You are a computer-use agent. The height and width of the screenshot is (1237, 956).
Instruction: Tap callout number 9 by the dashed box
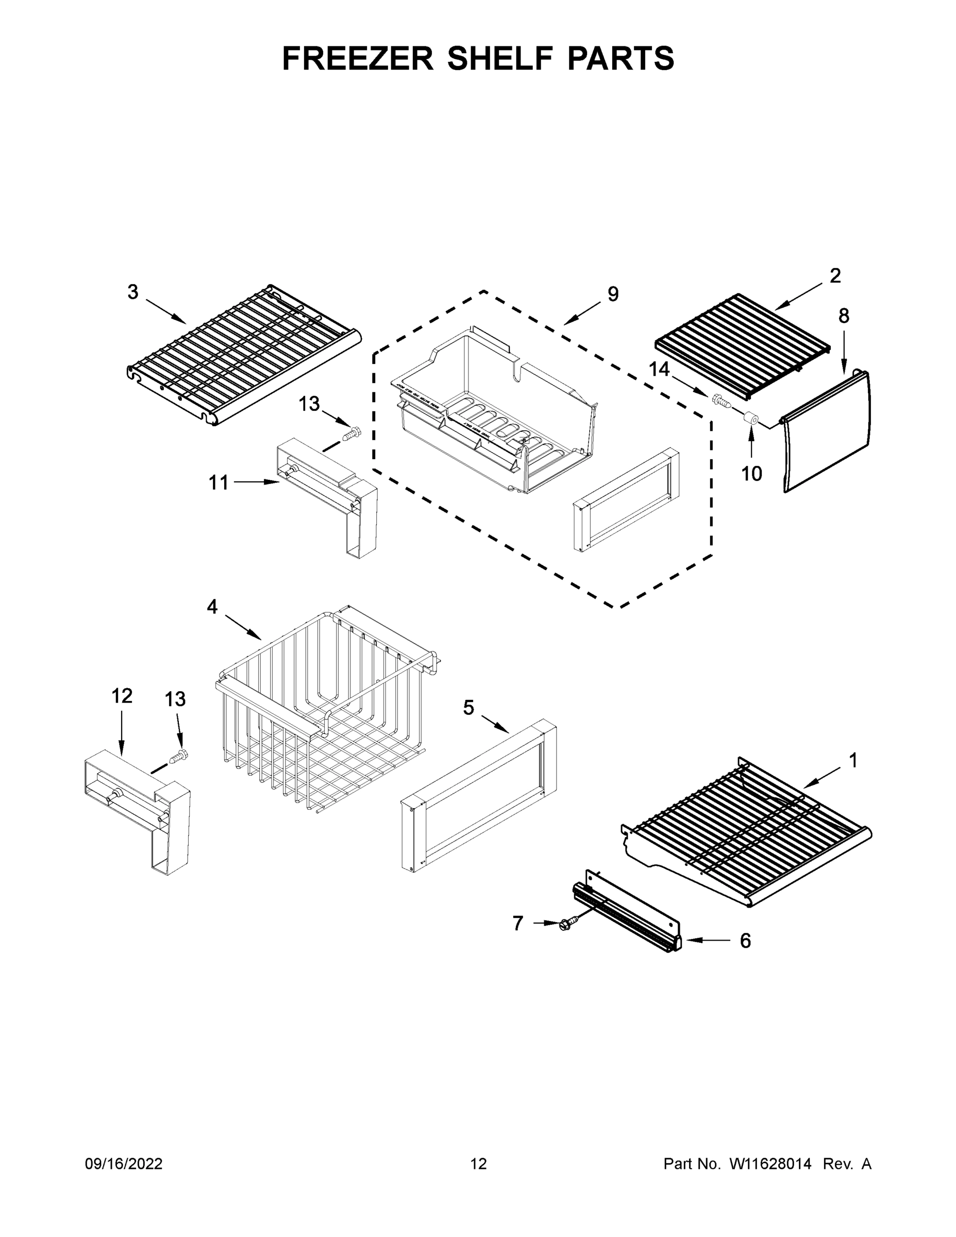[x=613, y=294]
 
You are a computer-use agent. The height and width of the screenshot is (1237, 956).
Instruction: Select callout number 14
[x=659, y=369]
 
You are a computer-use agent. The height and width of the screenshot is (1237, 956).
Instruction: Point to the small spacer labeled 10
[x=751, y=420]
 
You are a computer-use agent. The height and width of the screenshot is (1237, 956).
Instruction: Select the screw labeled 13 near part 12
[x=179, y=756]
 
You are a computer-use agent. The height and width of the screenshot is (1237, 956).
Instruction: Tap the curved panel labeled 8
[x=827, y=430]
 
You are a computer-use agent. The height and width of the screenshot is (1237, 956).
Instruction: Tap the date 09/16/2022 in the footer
[x=124, y=1164]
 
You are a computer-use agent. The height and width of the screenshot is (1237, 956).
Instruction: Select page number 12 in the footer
[x=478, y=1164]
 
